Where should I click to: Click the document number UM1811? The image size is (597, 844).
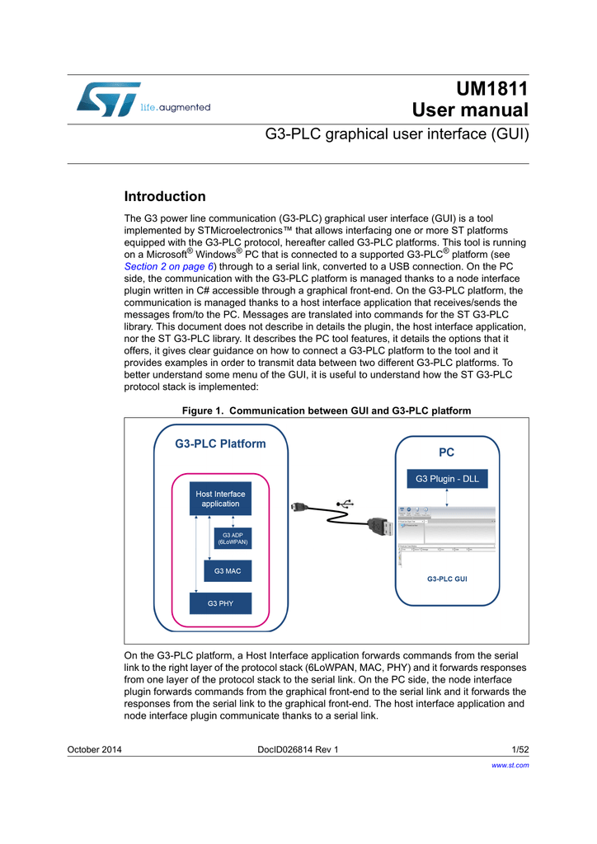491,89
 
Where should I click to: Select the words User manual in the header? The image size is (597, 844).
470,110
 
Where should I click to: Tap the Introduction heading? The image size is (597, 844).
165,196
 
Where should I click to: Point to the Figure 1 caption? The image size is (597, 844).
326,410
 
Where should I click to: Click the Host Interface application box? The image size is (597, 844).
220,499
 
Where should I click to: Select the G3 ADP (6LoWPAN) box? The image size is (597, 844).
233,539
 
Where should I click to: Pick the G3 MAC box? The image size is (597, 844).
228,570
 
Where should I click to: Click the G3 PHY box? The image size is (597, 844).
220,603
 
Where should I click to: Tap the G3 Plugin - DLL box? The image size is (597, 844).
446,478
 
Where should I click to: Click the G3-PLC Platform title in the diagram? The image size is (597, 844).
220,443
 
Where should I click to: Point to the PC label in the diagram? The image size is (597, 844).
446,452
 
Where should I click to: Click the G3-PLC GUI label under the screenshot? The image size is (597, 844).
447,579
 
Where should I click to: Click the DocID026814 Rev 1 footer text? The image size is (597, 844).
298,749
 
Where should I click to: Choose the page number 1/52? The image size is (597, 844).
519,749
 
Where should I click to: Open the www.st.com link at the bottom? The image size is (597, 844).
510,765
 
